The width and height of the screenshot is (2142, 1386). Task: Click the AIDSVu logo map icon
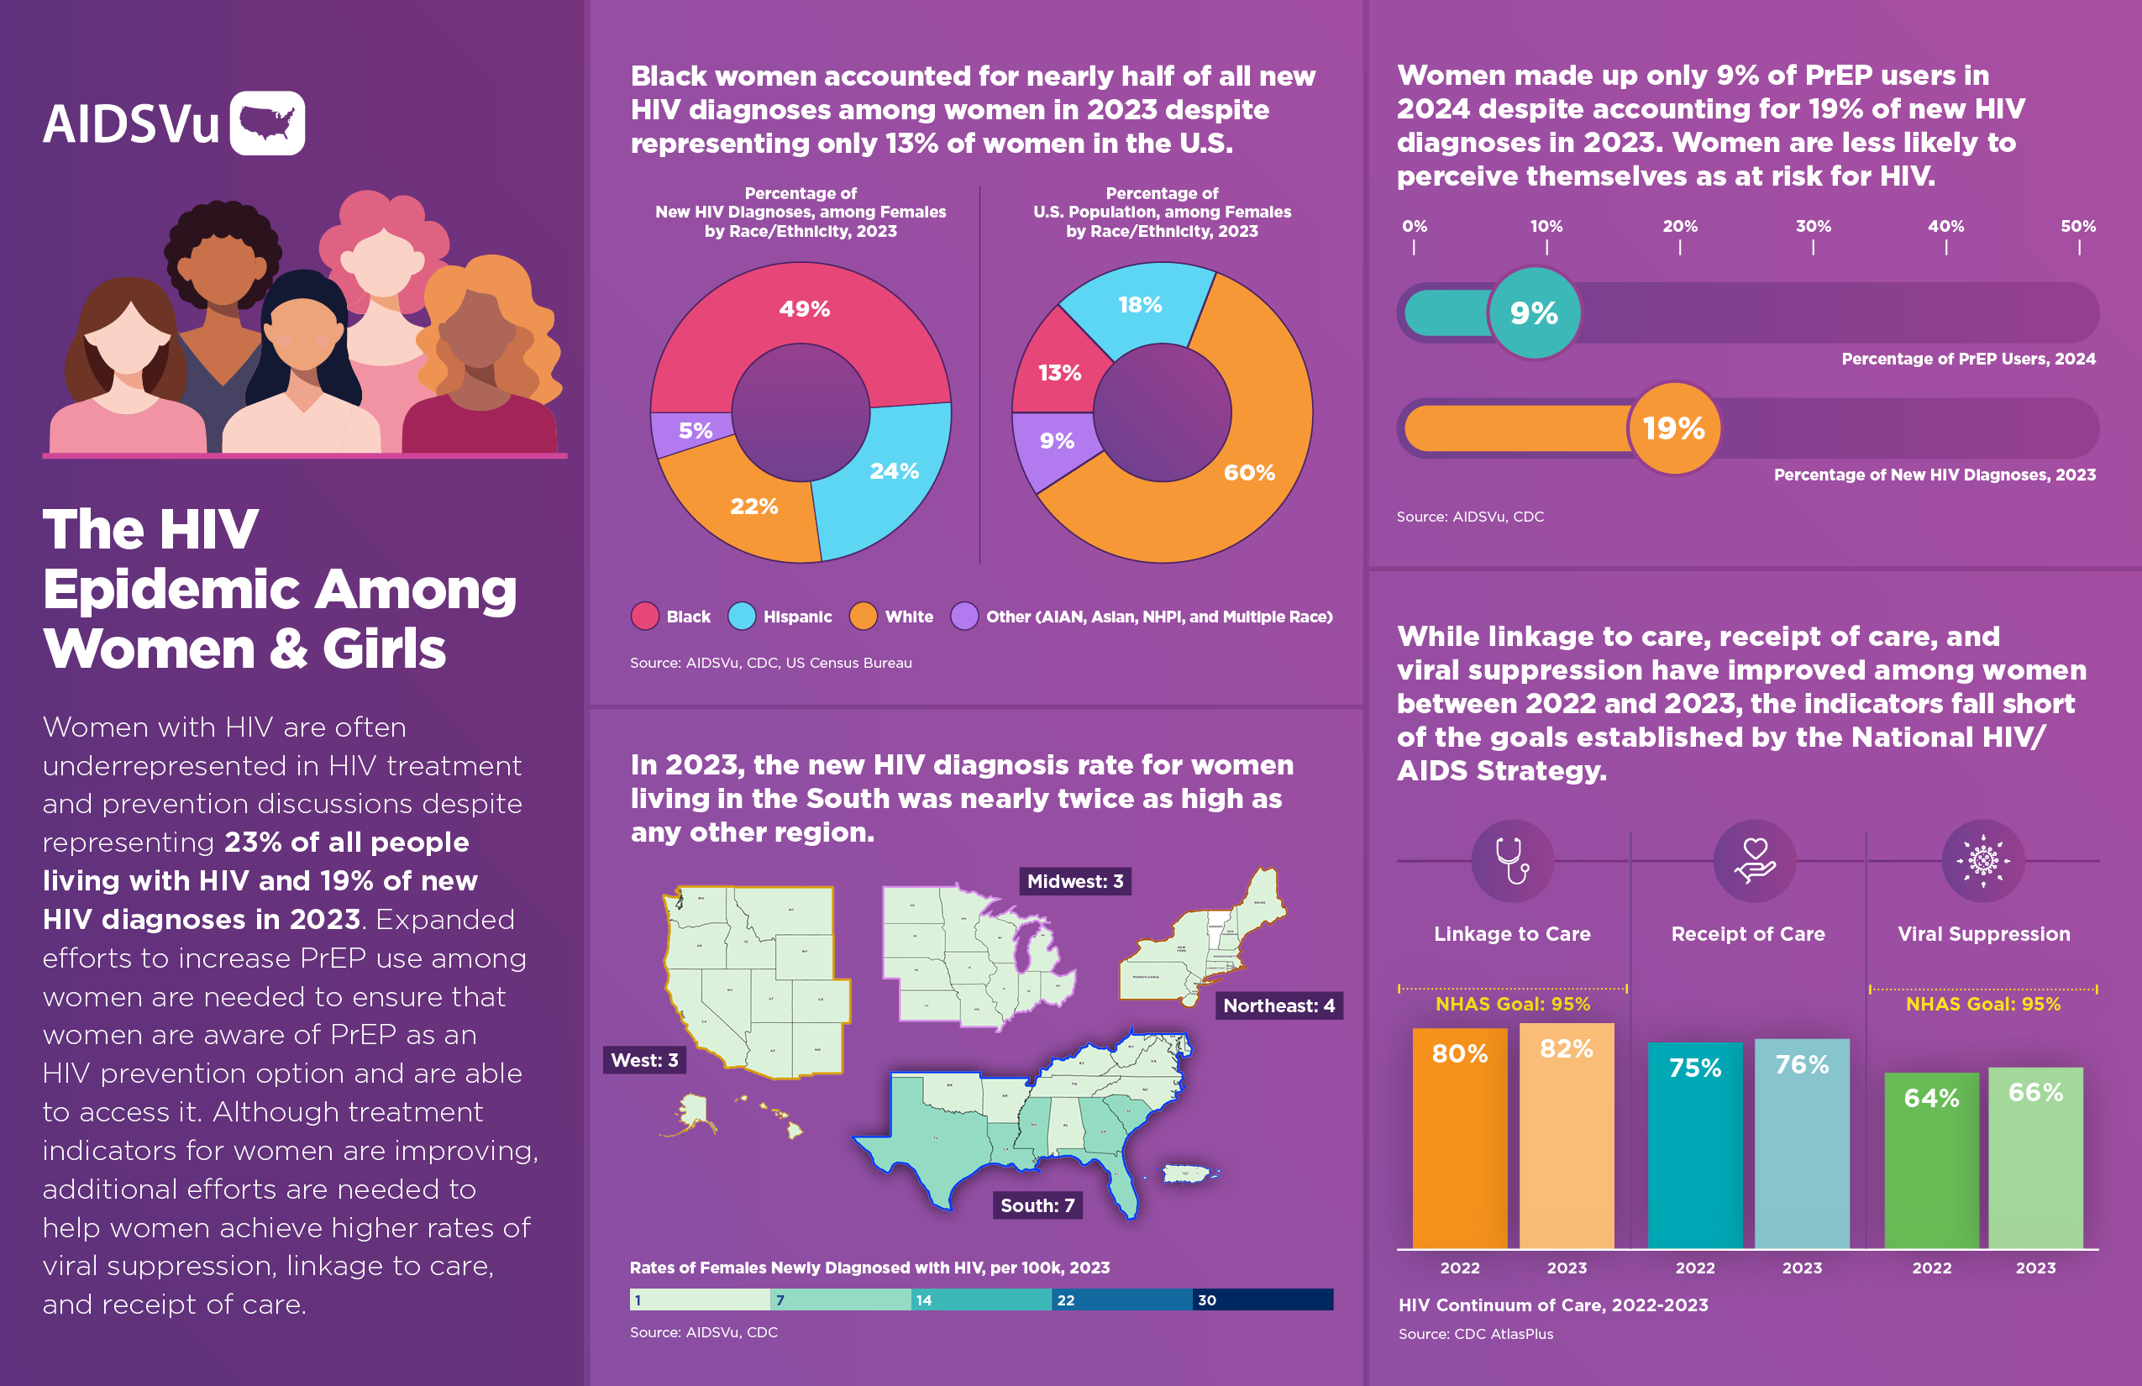point(267,123)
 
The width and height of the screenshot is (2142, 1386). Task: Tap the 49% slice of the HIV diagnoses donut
point(804,310)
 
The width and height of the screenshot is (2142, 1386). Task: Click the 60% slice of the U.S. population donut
point(1249,471)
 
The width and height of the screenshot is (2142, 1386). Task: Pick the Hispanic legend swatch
point(742,617)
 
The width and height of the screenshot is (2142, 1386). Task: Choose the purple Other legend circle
point(964,617)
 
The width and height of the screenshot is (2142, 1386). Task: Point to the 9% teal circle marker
point(1534,313)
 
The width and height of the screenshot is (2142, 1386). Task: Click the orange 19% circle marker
point(1673,428)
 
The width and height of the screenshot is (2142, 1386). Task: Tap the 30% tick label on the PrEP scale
point(1813,227)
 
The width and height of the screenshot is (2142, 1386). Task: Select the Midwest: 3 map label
point(1074,881)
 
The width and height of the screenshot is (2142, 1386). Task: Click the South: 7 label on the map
point(1037,1205)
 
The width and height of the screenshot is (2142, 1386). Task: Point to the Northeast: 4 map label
point(1278,1005)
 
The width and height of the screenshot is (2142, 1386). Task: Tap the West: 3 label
point(644,1059)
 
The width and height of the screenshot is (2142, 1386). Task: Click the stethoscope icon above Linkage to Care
point(1512,860)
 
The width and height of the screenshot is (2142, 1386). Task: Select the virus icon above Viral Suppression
point(1982,860)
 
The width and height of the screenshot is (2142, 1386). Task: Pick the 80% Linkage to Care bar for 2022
point(1459,1143)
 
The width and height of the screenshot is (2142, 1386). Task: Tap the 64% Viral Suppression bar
point(1931,1161)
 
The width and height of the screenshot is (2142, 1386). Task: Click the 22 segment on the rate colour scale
point(1121,1299)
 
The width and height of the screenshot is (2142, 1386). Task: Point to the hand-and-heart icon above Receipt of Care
point(1754,860)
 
